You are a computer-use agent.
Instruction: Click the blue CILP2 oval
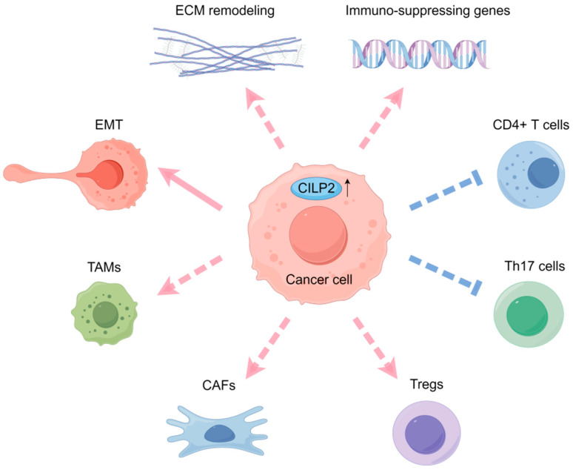click(316, 188)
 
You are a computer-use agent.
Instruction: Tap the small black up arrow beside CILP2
click(347, 188)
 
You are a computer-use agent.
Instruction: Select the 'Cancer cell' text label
click(318, 279)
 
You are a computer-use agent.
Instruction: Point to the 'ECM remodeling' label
click(225, 10)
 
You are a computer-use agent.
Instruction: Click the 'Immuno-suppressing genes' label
click(428, 10)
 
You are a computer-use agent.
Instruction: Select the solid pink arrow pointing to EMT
click(190, 188)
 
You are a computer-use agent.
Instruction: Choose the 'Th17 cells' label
click(535, 266)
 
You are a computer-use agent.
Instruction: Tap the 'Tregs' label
click(426, 384)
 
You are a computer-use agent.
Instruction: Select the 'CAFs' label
click(218, 385)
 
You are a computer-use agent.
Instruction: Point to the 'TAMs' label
click(104, 267)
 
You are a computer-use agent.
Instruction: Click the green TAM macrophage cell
click(104, 314)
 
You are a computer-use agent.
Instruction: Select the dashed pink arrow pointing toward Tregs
click(375, 348)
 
